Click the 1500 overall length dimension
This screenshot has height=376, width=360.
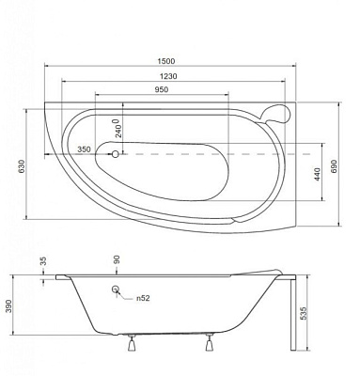[x=166, y=61]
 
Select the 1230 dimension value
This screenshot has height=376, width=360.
[x=168, y=76]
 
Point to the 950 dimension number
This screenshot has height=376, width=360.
[x=162, y=89]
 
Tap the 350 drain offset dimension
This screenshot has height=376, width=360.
[x=84, y=149]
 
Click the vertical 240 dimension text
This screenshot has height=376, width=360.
[x=117, y=128]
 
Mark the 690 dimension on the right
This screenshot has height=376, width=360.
[x=334, y=167]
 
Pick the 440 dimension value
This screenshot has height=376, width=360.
[x=317, y=175]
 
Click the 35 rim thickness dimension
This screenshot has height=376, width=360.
[x=43, y=261]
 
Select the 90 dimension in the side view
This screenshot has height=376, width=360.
[x=117, y=259]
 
